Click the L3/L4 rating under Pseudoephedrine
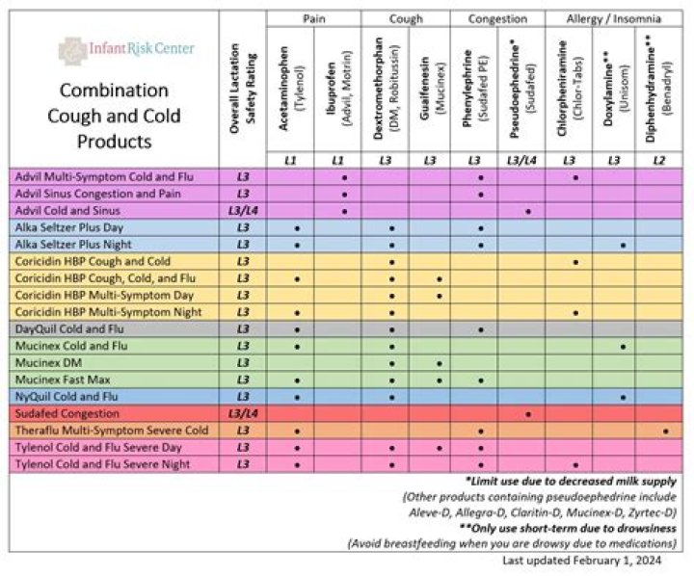[x=527, y=160]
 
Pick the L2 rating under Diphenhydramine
[x=666, y=160]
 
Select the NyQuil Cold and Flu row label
[x=76, y=396]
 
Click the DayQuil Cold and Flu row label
[x=78, y=328]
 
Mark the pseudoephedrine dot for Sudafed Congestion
[x=528, y=413]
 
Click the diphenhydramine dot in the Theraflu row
[x=666, y=430]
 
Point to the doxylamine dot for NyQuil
[x=624, y=396]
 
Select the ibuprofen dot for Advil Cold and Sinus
[x=344, y=211]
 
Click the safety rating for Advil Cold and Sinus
[x=243, y=211]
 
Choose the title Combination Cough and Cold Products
[x=120, y=116]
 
